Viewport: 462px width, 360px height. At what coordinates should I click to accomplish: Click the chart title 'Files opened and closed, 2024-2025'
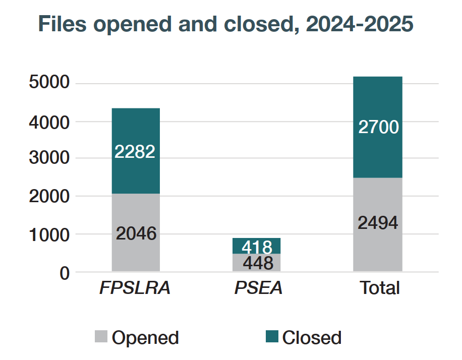pyautogui.click(x=225, y=24)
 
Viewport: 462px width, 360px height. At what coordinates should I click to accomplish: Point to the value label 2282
pyautogui.click(x=135, y=151)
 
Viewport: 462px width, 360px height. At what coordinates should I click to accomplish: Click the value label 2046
pyautogui.click(x=136, y=233)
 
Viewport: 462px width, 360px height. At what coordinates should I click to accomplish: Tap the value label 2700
pyautogui.click(x=378, y=127)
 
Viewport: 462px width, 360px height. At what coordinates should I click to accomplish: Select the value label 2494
pyautogui.click(x=378, y=222)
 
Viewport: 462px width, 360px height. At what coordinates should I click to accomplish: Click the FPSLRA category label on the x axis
pyautogui.click(x=135, y=288)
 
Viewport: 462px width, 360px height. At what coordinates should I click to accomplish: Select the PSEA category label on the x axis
pyautogui.click(x=258, y=288)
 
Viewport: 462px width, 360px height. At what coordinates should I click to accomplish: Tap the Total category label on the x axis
pyautogui.click(x=379, y=288)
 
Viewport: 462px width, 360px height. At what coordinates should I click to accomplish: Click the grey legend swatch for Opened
pyautogui.click(x=101, y=337)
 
